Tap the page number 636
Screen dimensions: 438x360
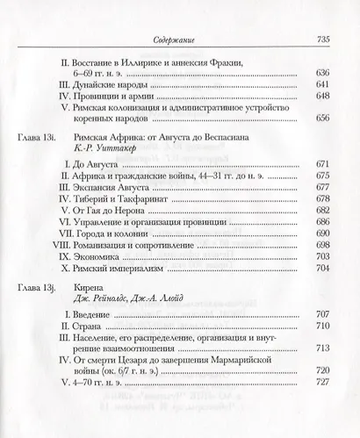pyautogui.click(x=321, y=73)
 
